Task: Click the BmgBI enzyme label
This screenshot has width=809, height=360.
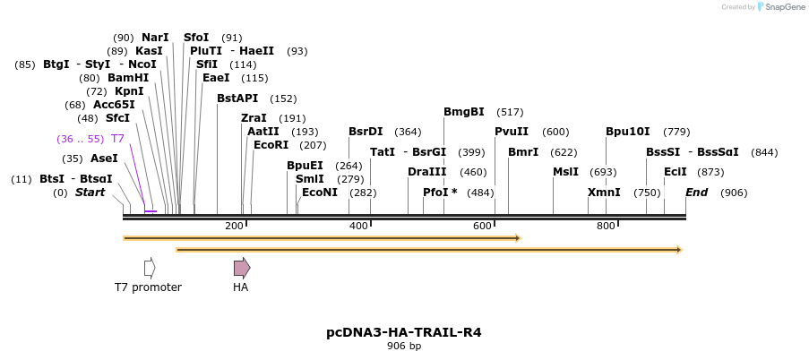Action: (x=464, y=112)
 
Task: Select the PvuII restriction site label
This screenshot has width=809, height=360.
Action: (x=512, y=132)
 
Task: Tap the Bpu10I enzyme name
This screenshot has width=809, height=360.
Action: (x=628, y=132)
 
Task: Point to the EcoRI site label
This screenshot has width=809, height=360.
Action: (x=271, y=144)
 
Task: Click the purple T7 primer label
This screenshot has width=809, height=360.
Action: (x=117, y=139)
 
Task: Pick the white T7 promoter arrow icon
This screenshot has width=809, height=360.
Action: (x=150, y=267)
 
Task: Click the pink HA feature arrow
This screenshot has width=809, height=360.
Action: (x=242, y=267)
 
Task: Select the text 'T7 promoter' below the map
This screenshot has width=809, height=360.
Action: (x=148, y=287)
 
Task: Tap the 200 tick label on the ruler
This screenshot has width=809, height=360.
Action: (x=235, y=226)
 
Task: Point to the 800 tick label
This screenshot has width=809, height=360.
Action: (x=606, y=226)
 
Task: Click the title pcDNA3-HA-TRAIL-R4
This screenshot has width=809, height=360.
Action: (x=403, y=332)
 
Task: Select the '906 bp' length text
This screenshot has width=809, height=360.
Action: (x=403, y=346)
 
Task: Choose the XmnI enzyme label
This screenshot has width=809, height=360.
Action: (x=604, y=193)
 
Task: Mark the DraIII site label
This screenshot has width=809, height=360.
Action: (x=426, y=172)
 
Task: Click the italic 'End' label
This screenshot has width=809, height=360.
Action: (x=697, y=193)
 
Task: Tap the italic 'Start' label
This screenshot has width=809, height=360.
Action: (x=90, y=193)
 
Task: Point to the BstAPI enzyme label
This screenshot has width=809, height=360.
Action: (x=237, y=99)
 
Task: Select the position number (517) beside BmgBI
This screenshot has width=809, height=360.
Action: (x=510, y=112)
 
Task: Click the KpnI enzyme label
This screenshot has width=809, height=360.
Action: (x=128, y=91)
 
